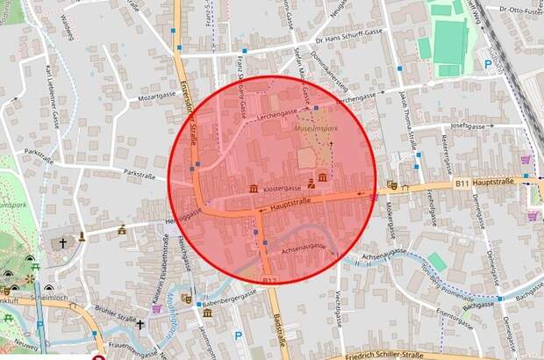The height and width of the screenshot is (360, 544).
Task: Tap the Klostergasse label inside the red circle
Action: point(282,188)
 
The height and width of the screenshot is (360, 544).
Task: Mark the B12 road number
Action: point(269,280)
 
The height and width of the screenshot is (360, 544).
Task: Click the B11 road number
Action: point(464,183)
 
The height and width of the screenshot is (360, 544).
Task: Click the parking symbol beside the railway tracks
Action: point(487,63)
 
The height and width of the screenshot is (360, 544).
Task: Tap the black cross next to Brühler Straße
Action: point(140,324)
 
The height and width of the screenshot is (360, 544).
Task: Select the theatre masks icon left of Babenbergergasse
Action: point(186,299)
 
